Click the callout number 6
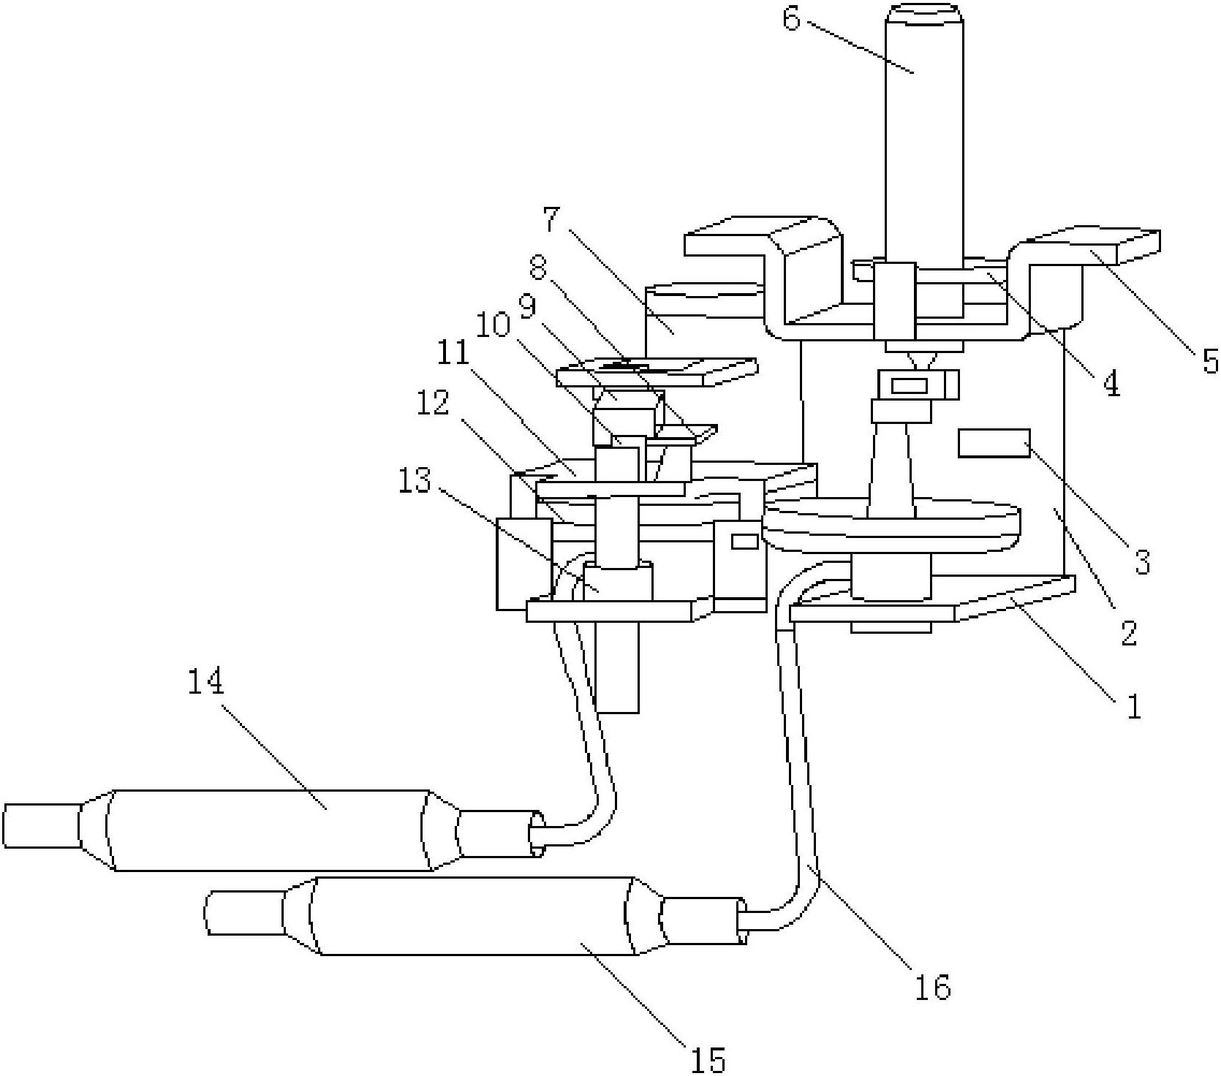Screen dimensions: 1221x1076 click(x=792, y=19)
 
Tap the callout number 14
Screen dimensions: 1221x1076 click(x=205, y=683)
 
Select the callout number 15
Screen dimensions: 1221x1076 click(x=708, y=1058)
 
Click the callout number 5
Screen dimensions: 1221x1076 click(x=1210, y=360)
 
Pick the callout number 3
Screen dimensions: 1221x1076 click(x=1143, y=562)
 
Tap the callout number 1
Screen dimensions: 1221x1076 click(x=1133, y=707)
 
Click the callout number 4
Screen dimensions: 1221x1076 click(x=1111, y=383)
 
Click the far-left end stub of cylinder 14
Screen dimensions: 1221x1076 click(x=42, y=825)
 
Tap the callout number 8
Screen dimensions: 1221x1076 click(x=538, y=268)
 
